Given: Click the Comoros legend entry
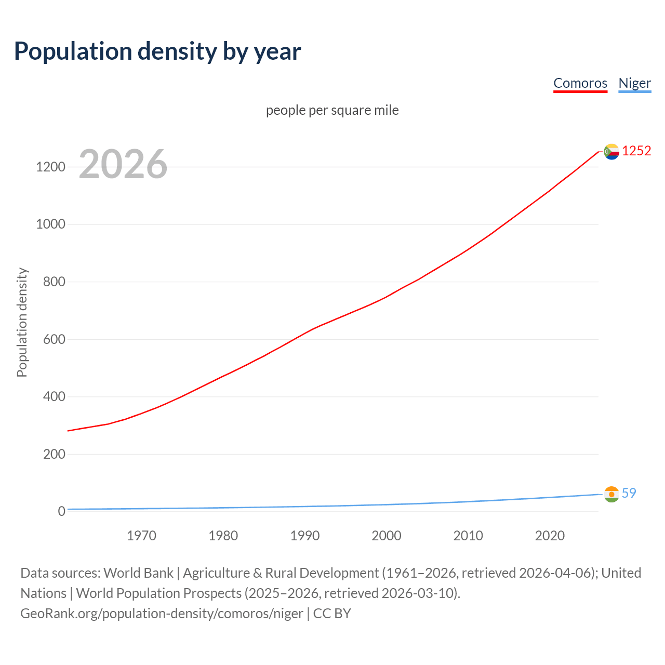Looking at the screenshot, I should click(580, 83).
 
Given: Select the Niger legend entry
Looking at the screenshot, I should click(634, 83).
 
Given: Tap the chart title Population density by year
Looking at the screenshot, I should click(157, 51).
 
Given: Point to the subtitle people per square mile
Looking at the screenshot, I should click(332, 110).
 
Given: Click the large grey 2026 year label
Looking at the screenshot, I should click(123, 164).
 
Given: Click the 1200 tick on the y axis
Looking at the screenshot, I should click(50, 167).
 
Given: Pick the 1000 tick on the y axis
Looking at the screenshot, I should click(50, 224).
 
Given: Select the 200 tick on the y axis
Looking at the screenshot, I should click(54, 454).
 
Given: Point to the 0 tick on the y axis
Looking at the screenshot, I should click(62, 511).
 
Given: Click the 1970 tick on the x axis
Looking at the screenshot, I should click(141, 536).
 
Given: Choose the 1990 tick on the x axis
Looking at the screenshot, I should click(305, 536).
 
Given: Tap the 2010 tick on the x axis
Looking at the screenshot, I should click(468, 536).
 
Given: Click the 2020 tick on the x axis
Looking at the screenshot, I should click(550, 536).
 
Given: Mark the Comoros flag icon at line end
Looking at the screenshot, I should click(611, 151).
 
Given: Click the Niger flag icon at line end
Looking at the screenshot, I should click(611, 494).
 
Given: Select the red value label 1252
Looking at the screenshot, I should click(636, 151).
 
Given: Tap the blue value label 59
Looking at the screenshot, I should click(629, 493).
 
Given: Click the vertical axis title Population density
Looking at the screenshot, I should click(22, 322).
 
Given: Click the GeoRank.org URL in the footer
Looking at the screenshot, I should click(162, 614).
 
